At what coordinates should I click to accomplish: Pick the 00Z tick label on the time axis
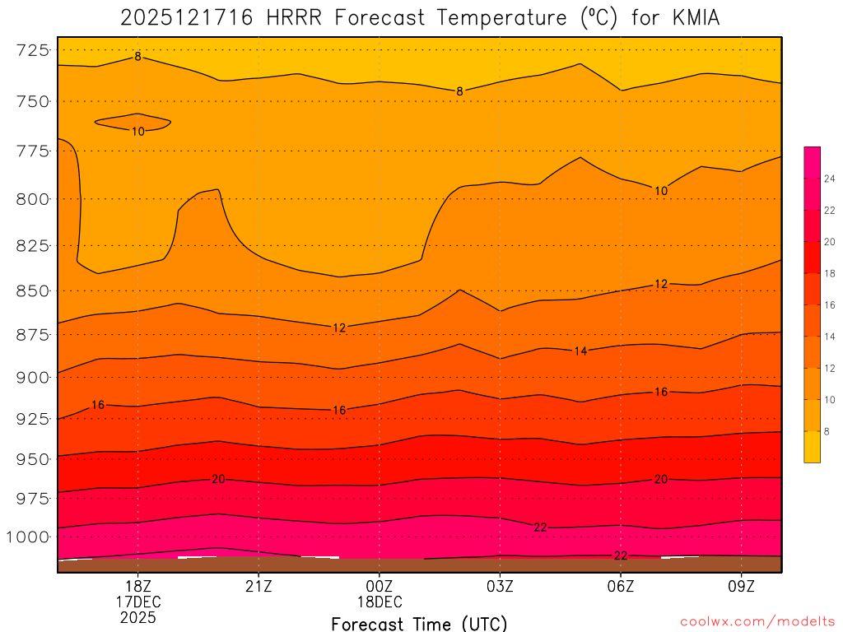(x=380, y=587)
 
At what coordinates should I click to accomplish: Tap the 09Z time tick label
(x=742, y=587)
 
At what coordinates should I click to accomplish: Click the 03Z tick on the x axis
(x=500, y=587)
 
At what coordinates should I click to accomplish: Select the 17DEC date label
(x=137, y=602)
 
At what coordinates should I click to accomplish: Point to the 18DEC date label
(x=380, y=602)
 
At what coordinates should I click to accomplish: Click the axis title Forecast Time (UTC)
(x=419, y=623)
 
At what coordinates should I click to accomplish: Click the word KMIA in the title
(x=691, y=17)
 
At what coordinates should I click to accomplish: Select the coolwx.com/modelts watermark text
(x=757, y=621)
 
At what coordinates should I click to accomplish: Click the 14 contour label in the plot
(x=580, y=351)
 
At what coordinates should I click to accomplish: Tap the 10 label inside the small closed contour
(x=137, y=132)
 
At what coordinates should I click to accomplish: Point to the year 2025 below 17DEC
(x=137, y=617)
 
